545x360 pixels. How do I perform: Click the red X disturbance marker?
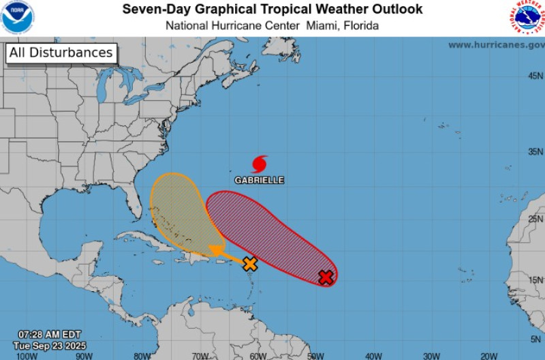326,277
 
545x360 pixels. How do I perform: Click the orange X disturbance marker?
250,264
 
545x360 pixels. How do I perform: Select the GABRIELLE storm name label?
260,181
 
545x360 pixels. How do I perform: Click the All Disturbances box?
61,53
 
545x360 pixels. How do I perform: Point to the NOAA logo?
17,18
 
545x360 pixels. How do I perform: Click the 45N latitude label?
535,76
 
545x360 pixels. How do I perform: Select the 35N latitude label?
535,151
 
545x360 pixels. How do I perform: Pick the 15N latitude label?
535,280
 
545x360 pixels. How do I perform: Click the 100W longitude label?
27,355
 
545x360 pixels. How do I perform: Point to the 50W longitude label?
315,355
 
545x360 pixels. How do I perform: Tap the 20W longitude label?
488,355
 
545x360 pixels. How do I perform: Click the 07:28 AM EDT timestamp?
50,334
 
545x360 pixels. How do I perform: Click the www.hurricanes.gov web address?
496,45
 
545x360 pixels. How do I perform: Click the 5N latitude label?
537,339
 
